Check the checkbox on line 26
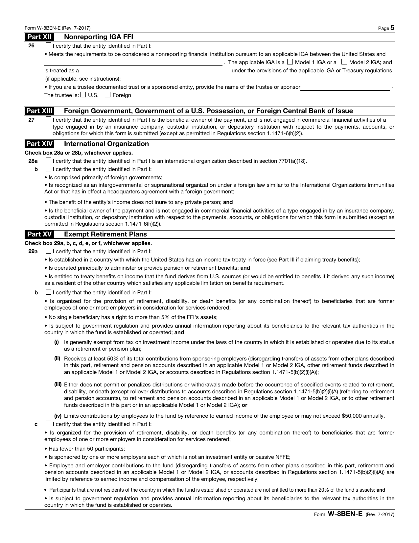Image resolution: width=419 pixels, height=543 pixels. [48, 46]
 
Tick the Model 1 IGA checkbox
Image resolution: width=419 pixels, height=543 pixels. [290, 62]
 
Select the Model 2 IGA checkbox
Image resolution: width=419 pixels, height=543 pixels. [344, 62]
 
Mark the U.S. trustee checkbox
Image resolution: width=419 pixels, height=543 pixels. [83, 95]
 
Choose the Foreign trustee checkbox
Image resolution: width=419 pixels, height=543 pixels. [107, 95]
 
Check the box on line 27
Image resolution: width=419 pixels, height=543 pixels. [48, 120]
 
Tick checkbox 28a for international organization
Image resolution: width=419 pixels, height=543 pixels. [48, 161]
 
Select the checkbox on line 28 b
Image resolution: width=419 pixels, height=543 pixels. [48, 169]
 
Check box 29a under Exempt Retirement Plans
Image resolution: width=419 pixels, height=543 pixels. [48, 251]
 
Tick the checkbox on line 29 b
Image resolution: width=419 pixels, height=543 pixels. [48, 292]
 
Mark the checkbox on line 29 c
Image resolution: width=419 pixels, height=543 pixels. [48, 424]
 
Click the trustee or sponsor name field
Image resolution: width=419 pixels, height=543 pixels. [345, 87]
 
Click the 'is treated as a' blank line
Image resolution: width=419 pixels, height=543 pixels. [158, 70]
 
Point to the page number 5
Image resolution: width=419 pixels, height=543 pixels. [392, 28]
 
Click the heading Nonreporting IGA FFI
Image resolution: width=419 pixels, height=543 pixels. [99, 37]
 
